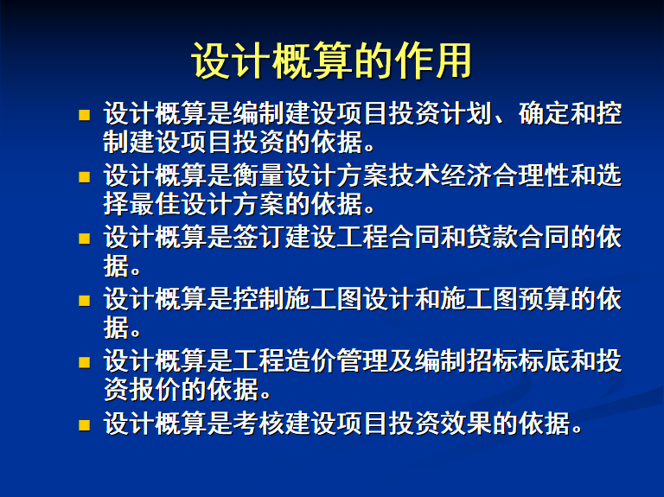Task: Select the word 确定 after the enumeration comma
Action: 544,113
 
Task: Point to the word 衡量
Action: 259,175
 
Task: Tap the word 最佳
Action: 155,204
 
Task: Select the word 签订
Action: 259,237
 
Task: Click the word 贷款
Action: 492,237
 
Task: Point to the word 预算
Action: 544,299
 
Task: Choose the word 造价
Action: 311,361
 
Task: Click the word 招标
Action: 492,361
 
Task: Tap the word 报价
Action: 155,390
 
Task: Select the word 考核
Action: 259,423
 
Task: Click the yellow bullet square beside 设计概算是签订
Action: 84,239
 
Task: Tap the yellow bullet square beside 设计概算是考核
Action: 84,425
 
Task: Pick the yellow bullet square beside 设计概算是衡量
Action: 84,177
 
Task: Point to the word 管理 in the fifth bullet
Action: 362,361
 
